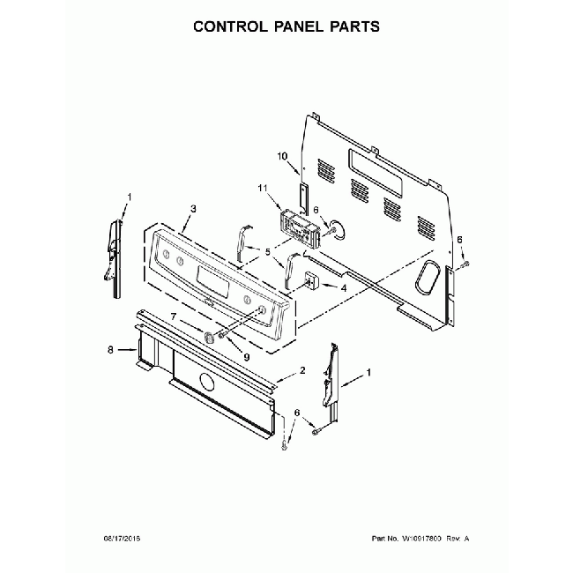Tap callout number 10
point(282,156)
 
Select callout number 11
point(263,188)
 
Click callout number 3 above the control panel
point(193,209)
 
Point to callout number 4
point(344,288)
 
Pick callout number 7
point(174,316)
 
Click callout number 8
point(110,350)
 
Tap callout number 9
point(247,357)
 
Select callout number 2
point(302,370)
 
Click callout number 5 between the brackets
point(268,252)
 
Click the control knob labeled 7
point(209,337)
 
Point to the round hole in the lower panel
point(206,383)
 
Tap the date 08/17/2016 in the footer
point(122,539)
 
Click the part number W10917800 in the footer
point(421,539)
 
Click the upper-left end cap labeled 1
point(113,258)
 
